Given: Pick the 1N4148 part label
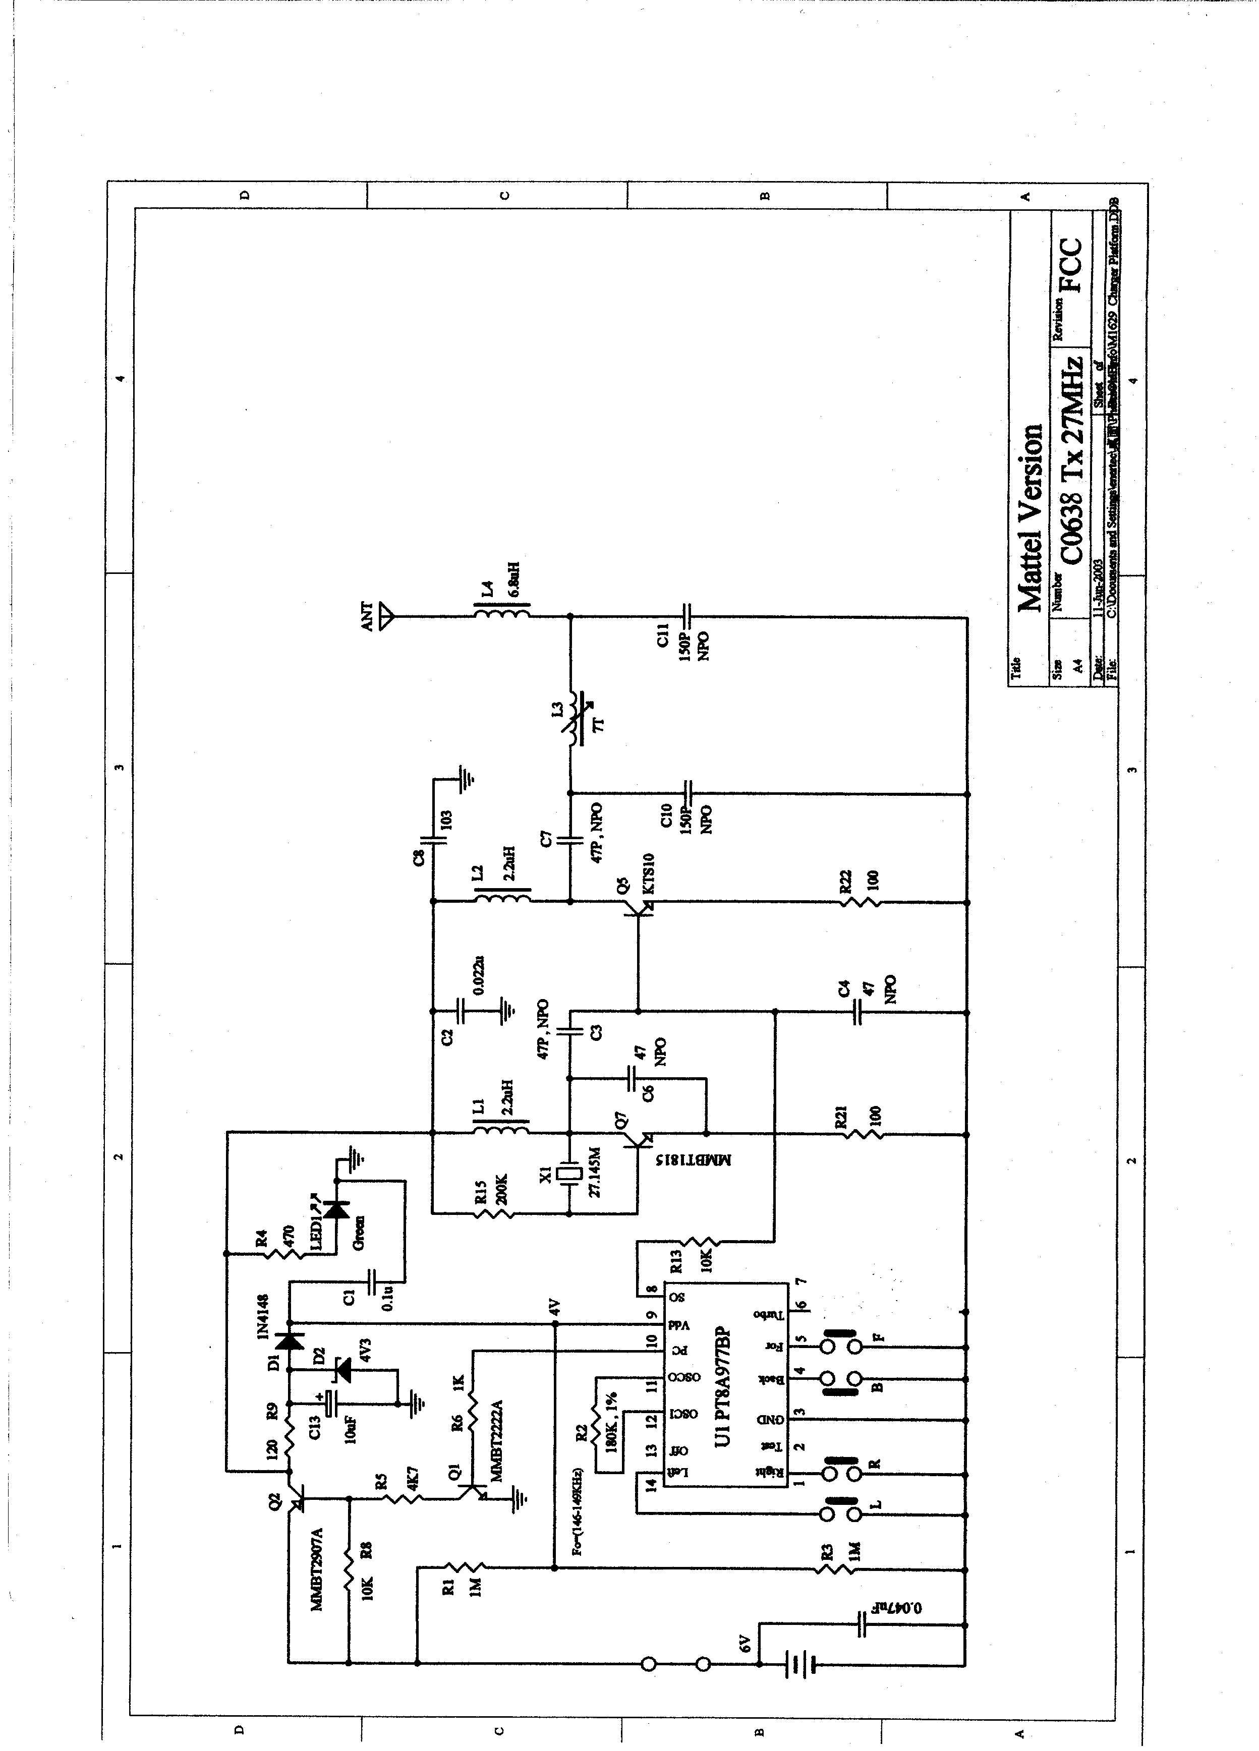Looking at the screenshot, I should tap(263, 1316).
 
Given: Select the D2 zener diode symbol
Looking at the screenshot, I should tap(340, 1370).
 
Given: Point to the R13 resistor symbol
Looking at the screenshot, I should tap(703, 1242).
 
